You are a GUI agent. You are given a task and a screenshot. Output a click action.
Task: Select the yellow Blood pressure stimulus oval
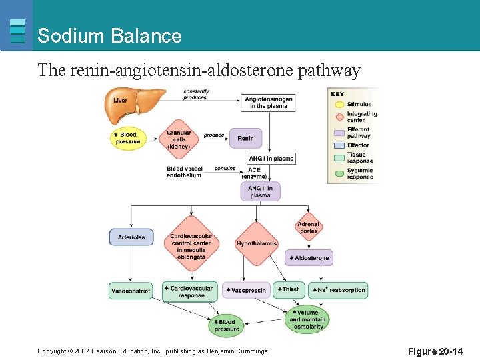[127, 138]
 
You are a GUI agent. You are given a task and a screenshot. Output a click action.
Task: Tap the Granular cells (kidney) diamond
[179, 139]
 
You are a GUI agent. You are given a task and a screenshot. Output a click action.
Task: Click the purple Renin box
[245, 138]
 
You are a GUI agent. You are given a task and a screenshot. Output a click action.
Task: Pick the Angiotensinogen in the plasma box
[267, 103]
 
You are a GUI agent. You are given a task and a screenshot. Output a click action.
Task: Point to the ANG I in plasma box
[271, 159]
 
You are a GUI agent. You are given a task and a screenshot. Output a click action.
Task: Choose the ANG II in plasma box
[261, 191]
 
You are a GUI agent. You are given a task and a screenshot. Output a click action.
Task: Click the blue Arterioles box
[131, 237]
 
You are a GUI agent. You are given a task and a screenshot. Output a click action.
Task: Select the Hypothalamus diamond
[256, 243]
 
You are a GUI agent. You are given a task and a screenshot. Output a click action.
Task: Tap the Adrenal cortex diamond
[308, 228]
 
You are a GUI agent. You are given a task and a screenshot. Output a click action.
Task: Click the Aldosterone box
[309, 257]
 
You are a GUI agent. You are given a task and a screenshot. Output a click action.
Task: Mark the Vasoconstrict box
[131, 291]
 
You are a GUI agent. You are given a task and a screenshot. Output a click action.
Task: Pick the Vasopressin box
[246, 290]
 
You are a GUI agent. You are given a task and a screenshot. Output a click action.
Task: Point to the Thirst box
[289, 289]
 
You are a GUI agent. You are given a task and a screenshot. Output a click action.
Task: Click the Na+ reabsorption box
[338, 290]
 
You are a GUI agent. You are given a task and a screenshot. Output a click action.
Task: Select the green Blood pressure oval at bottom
[226, 325]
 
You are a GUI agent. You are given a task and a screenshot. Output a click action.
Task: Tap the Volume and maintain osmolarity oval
[307, 319]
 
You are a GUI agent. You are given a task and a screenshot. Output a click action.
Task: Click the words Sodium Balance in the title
[109, 36]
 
